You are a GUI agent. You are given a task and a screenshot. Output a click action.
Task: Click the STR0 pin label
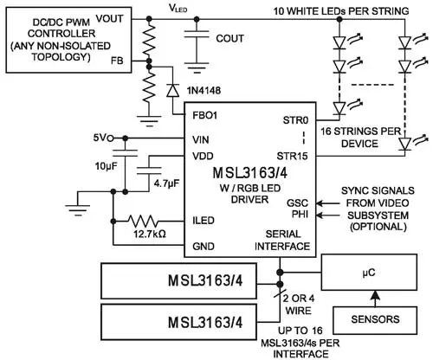297,122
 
